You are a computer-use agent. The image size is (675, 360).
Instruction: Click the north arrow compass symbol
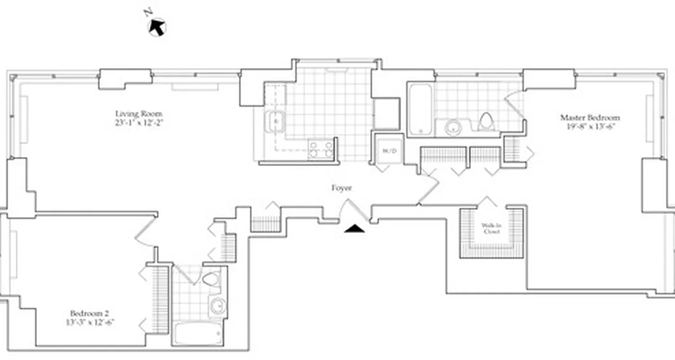pos(157,27)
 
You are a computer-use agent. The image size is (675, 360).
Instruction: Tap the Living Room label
pos(139,113)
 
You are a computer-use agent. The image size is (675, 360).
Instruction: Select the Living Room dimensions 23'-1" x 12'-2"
pos(139,122)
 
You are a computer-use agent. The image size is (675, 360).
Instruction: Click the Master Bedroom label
pos(589,117)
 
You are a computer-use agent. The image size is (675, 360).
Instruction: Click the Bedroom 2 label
pos(90,313)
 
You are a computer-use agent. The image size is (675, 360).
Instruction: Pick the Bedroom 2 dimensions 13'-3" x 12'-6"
pos(90,322)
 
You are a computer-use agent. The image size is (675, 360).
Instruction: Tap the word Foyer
pos(341,188)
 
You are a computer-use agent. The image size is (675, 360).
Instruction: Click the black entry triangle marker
pos(355,229)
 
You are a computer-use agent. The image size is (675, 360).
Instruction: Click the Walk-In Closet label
pos(492,229)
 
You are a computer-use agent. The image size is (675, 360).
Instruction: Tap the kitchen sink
pos(274,121)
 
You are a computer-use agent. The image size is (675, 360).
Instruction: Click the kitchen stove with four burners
pos(321,149)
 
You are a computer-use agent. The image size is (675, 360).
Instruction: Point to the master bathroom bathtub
pos(421,108)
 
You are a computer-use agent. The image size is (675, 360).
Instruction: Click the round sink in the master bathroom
pos(454,127)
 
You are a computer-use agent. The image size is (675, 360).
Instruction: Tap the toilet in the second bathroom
pos(210,279)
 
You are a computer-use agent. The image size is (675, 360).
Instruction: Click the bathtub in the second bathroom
pos(198,333)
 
